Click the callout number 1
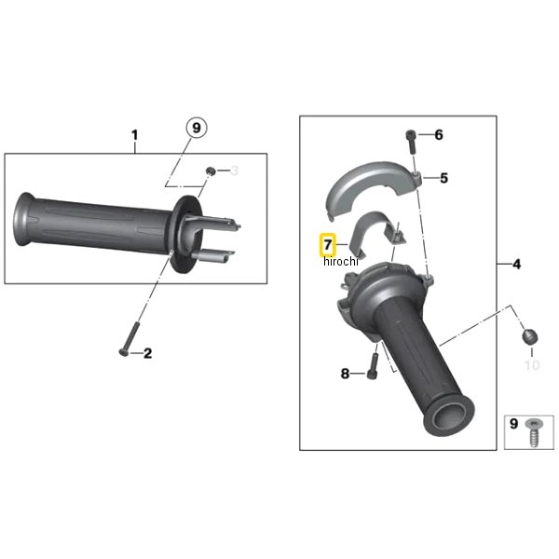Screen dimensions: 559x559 coord(134,135)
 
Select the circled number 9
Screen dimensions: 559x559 coord(197,128)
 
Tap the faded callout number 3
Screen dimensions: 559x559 coord(234,170)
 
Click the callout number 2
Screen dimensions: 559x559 coord(147,353)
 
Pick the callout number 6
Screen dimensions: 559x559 coord(439,135)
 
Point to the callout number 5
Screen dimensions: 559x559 coord(443,178)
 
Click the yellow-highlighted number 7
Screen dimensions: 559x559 coord(327,245)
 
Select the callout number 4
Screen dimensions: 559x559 coord(516,265)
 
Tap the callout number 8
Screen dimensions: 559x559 coord(345,374)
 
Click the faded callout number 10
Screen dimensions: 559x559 coord(532,365)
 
